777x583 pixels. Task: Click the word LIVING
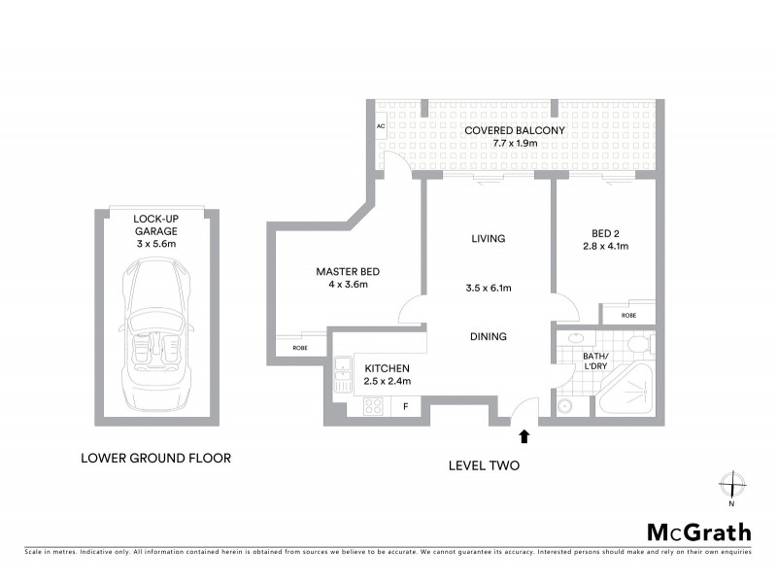tap(488, 239)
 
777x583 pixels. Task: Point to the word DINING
tap(489, 337)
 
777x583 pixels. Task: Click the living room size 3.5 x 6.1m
tap(489, 288)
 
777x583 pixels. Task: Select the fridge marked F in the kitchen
tap(405, 406)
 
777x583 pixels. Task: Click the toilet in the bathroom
tap(638, 346)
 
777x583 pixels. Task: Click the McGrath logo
tap(699, 532)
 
